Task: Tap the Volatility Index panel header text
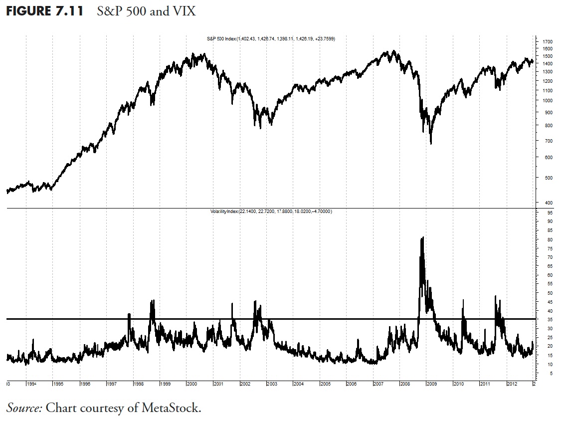click(x=271, y=211)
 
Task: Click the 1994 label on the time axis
click(x=31, y=384)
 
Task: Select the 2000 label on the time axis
click(x=192, y=384)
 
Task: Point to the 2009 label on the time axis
click(x=432, y=384)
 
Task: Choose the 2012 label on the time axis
click(x=512, y=384)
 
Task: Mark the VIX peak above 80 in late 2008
click(x=422, y=238)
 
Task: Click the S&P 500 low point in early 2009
click(x=430, y=144)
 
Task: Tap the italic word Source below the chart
click(x=24, y=408)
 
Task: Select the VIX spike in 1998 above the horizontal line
click(x=153, y=301)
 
